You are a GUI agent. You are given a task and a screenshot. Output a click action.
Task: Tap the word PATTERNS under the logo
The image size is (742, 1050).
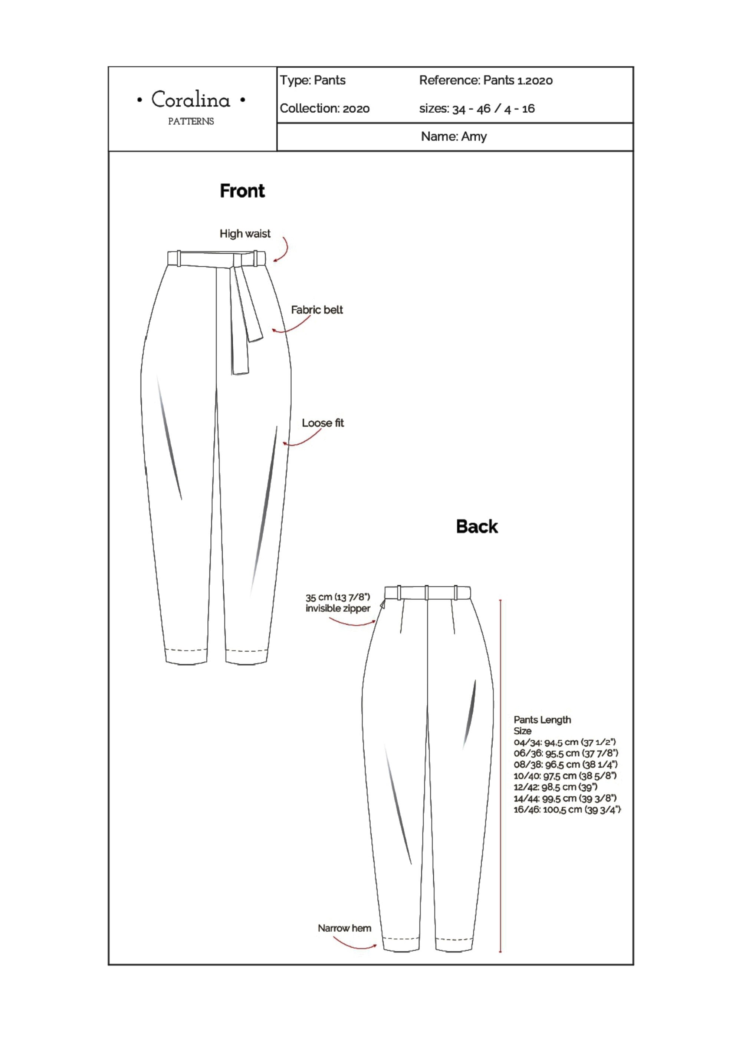tap(191, 121)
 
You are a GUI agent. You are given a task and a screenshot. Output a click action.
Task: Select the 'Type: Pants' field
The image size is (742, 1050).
tap(313, 80)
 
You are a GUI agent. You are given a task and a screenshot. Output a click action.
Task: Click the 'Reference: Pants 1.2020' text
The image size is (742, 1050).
tap(486, 80)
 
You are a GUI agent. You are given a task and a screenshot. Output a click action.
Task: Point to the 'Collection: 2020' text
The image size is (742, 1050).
tap(325, 108)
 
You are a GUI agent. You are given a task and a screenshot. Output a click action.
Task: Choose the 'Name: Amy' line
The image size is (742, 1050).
tap(454, 136)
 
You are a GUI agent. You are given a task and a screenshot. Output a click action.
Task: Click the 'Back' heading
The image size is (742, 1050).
tap(477, 527)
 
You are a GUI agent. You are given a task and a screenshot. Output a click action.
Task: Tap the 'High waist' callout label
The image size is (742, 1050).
tap(245, 234)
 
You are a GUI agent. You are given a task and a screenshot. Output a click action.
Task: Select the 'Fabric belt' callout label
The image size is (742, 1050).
tap(317, 310)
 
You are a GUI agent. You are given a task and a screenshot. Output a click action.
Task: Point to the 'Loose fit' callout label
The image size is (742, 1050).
tap(323, 423)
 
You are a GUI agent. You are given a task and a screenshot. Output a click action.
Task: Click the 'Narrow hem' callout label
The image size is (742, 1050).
tap(344, 928)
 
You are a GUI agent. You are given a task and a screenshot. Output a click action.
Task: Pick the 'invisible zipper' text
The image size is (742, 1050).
tap(338, 608)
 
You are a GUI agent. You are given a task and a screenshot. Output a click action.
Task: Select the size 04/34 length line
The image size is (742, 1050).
tap(565, 742)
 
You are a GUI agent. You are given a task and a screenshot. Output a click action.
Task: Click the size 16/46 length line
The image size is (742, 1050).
tap(567, 809)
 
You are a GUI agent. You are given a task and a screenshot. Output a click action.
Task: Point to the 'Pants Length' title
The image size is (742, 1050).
tap(542, 720)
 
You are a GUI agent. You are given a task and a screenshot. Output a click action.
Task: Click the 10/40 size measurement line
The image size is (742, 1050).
tap(565, 776)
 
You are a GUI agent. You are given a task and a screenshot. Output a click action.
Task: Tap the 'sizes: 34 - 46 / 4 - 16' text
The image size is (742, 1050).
tap(477, 109)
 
